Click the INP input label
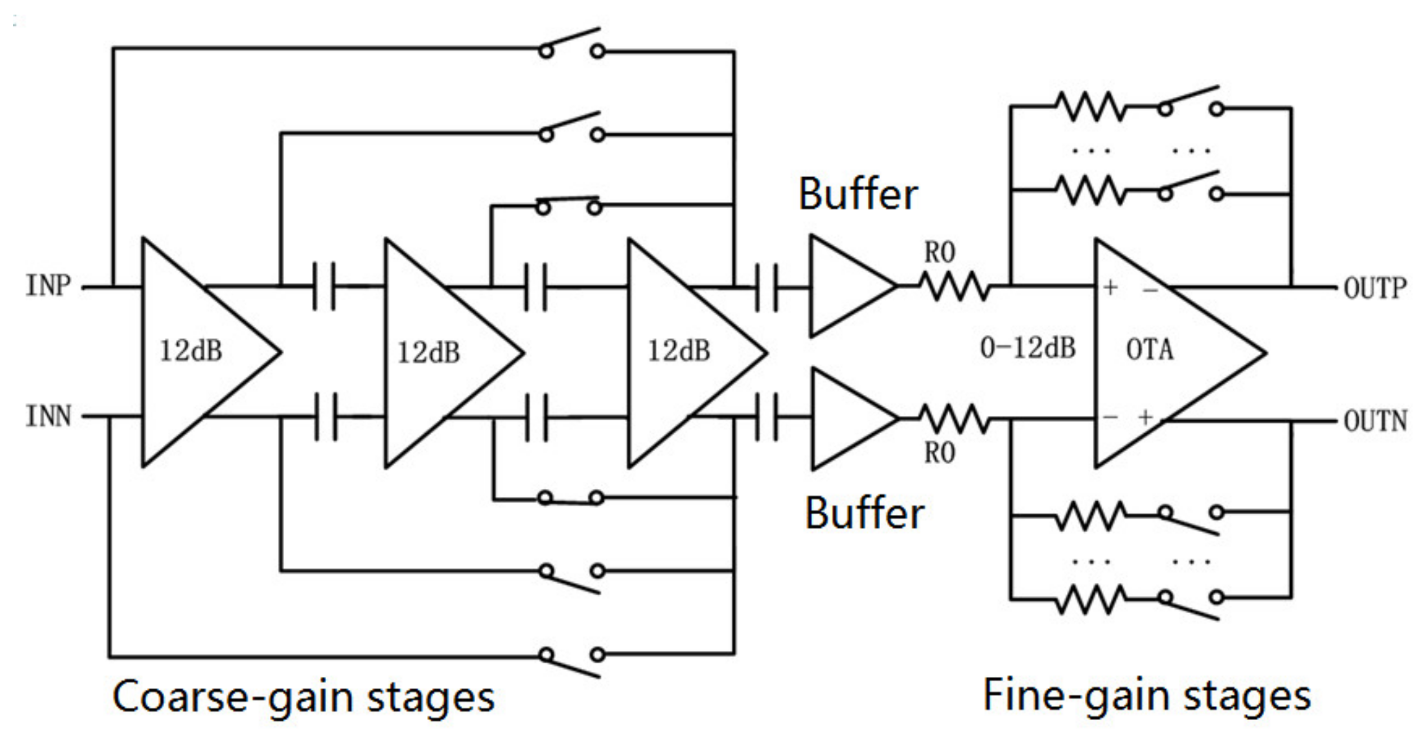tap(48, 285)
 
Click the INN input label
tap(48, 416)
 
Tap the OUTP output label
tap(1375, 288)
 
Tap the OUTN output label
tap(1375, 421)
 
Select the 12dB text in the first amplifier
tap(191, 350)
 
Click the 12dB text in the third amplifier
tap(678, 350)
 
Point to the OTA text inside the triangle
tap(1149, 349)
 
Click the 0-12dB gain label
tap(1027, 347)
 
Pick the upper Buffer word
tap(858, 194)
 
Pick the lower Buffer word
tap(864, 513)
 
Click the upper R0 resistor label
tap(940, 252)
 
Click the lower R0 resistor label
tap(940, 452)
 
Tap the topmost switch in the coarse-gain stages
tap(571, 45)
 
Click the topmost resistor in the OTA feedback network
tap(1090, 106)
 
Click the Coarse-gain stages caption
tap(303, 696)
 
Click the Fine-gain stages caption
tap(1146, 695)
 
